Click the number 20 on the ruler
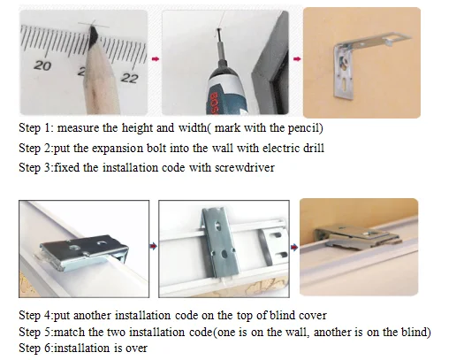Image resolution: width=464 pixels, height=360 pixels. click(42, 65)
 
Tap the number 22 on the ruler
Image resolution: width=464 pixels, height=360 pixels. click(129, 78)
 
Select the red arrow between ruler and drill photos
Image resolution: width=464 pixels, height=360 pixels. click(156, 59)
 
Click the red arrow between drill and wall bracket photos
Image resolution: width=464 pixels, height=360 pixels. click(297, 59)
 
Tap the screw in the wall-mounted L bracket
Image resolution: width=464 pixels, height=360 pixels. click(344, 62)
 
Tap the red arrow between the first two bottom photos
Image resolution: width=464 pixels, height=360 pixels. click(153, 246)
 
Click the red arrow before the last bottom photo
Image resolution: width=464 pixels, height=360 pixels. click(294, 247)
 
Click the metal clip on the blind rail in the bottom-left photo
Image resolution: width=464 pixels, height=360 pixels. click(84, 251)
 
